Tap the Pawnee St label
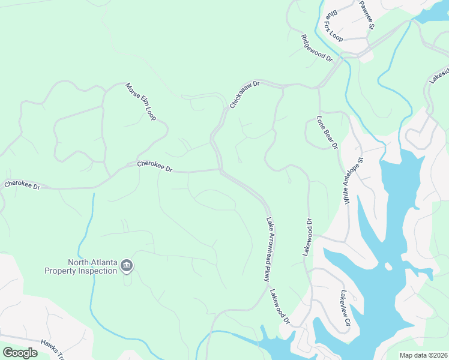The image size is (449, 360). (x=367, y=16)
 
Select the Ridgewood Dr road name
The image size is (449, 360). (x=316, y=48)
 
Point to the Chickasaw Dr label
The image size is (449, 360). (x=244, y=95)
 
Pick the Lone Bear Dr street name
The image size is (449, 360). (x=328, y=133)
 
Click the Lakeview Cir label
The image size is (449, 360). (x=345, y=308)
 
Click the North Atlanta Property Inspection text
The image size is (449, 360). (x=80, y=266)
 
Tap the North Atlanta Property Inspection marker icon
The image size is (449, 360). (x=127, y=265)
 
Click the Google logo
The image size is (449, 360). (x=20, y=352)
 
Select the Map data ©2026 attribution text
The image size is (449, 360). (x=423, y=355)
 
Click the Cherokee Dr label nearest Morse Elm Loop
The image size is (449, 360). (x=154, y=166)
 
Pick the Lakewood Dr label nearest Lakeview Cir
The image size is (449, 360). (x=279, y=307)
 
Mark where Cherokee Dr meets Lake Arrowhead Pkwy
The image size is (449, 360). (x=220, y=170)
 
